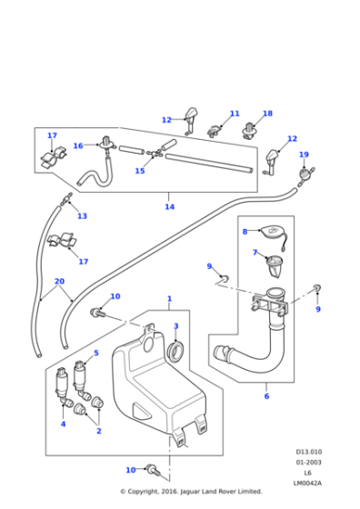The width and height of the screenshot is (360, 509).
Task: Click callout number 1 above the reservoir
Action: (168, 299)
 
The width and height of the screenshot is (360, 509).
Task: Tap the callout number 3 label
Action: (175, 326)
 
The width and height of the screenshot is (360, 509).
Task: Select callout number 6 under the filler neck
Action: (265, 396)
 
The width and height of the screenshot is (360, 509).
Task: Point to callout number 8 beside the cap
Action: (245, 232)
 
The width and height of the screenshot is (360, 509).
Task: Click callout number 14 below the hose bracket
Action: (169, 207)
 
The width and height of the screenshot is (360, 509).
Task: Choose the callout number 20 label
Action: (59, 282)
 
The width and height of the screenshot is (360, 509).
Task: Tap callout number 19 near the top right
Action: (304, 155)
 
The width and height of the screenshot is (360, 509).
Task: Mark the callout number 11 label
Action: (235, 114)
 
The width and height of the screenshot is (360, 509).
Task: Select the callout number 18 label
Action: (267, 114)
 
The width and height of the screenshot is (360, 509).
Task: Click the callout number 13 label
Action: (82, 216)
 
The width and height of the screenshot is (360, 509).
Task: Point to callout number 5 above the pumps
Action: (95, 353)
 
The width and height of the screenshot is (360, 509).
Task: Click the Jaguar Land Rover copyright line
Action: (191, 492)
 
